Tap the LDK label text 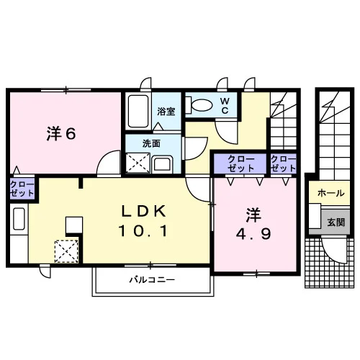pos(144,211)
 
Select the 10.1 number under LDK pos(143,231)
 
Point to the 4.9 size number pos(253,234)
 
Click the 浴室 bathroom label pos(166,112)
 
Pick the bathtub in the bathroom pos(138,112)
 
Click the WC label pos(225,106)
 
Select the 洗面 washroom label pos(151,143)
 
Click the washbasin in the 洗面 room pos(163,164)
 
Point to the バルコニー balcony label pos(153,279)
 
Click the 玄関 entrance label pos(336,222)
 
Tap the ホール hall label pos(331,193)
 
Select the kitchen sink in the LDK pos(19,219)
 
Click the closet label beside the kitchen pos(22,189)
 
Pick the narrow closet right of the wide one pos(284,163)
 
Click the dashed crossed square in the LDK pos(66,251)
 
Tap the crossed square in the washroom pos(138,163)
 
